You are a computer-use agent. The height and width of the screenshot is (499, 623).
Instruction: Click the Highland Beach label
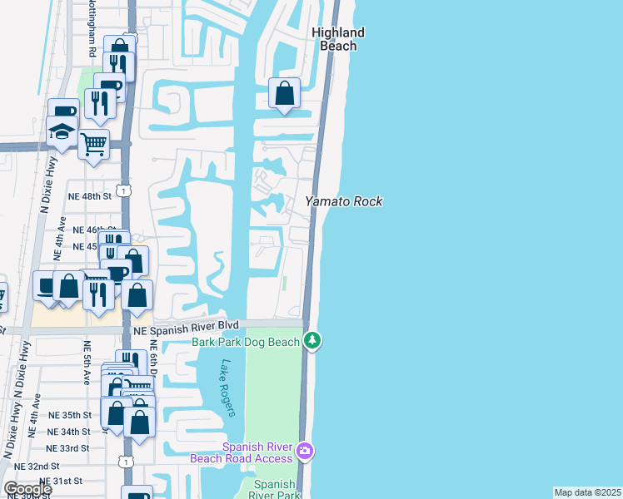click(338, 39)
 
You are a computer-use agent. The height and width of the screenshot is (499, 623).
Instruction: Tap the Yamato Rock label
click(343, 201)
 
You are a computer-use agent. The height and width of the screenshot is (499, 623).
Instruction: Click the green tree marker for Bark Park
click(312, 339)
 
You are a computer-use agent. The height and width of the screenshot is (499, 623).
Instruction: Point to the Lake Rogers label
click(230, 387)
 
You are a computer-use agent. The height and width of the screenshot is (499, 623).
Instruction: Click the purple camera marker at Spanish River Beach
click(305, 451)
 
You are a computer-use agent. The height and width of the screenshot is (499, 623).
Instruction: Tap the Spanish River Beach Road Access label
click(242, 452)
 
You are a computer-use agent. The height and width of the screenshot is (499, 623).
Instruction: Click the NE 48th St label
click(92, 196)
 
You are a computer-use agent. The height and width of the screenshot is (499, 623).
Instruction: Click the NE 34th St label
click(69, 432)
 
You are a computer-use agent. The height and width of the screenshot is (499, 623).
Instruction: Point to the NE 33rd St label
click(69, 448)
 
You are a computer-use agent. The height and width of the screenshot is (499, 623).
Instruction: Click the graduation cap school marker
click(62, 131)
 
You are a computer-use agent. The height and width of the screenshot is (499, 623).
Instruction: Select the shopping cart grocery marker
click(93, 144)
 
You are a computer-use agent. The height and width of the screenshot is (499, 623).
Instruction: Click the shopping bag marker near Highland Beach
click(285, 93)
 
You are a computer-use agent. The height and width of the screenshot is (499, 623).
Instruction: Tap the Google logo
click(27, 489)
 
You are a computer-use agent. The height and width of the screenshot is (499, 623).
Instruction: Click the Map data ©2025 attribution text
click(588, 492)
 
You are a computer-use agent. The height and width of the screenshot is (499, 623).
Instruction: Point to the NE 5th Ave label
click(87, 363)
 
